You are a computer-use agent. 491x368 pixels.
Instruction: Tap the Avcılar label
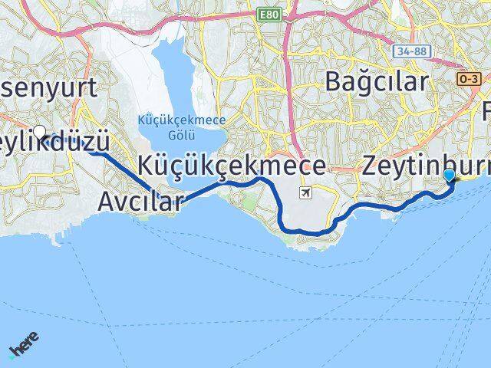point(141,202)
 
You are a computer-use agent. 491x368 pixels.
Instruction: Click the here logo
point(24,344)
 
